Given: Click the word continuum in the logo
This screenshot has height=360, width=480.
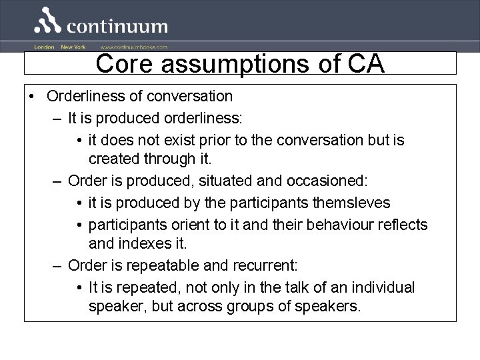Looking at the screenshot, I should (x=117, y=27).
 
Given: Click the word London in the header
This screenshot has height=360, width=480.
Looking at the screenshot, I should (x=44, y=47).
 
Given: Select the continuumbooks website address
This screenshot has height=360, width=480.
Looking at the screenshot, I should (x=134, y=47).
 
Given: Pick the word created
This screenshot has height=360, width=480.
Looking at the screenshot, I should (x=114, y=159).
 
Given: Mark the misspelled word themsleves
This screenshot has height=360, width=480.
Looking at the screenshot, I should (x=344, y=202).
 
